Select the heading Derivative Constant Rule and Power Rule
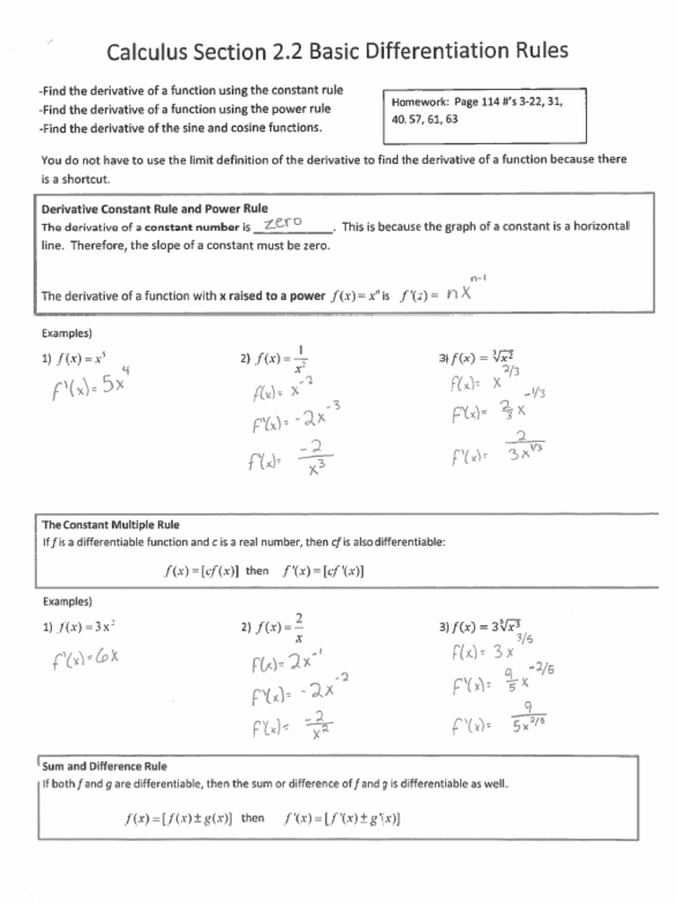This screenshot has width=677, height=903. point(154,209)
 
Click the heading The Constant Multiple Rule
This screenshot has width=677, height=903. point(110,525)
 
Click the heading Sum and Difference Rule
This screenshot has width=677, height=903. point(104,766)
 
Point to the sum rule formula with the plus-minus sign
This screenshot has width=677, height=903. point(263,818)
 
